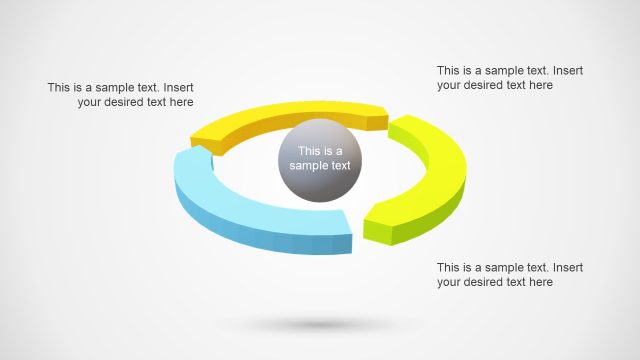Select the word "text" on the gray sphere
[340, 166]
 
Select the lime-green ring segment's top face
[436, 165]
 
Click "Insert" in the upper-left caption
[177, 87]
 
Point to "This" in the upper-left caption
[60, 87]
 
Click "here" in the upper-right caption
[539, 85]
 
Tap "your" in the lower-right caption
[450, 282]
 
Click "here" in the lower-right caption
[539, 282]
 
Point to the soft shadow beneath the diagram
[320, 325]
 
